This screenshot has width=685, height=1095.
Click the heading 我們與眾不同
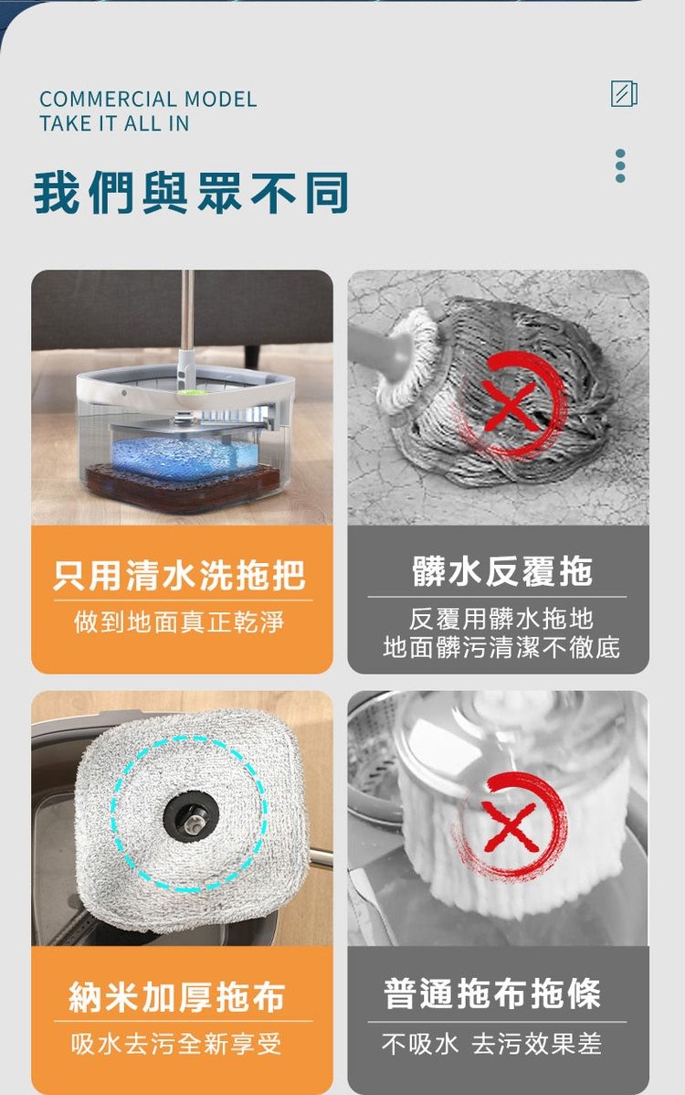point(192,194)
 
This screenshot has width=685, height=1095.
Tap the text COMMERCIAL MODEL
point(148,100)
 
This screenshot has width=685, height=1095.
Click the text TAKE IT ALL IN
point(114,123)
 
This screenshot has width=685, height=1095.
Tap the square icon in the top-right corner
point(624,94)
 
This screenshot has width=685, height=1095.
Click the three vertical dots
point(620,165)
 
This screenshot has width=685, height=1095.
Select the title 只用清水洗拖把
point(180,575)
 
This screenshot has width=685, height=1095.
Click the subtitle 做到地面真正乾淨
point(180,622)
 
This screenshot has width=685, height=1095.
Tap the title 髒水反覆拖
point(501,571)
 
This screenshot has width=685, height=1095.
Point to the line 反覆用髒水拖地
point(501,618)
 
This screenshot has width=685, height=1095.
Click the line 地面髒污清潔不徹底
point(501,648)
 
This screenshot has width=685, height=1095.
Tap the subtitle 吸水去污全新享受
point(177,1043)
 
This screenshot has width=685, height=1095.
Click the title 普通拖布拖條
point(492,994)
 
